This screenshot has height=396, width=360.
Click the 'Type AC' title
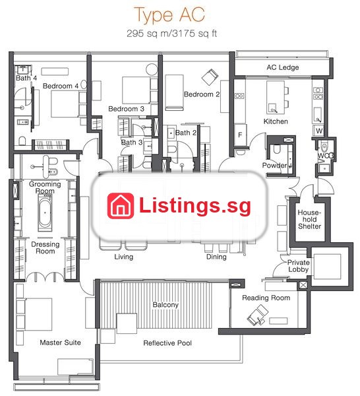click(x=169, y=15)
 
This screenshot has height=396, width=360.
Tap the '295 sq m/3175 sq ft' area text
click(x=171, y=34)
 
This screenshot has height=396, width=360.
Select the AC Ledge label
click(x=283, y=67)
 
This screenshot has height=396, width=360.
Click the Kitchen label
click(x=276, y=121)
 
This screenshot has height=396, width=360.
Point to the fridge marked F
click(x=240, y=135)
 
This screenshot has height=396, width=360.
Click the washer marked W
click(x=319, y=131)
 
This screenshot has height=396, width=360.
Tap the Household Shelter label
click(x=309, y=219)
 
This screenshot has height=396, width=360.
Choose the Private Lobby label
click(x=299, y=266)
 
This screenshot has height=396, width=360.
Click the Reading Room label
click(x=266, y=298)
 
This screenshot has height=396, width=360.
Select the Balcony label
click(x=165, y=304)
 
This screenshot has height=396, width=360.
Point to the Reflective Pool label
click(x=167, y=343)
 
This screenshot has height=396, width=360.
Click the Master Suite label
click(x=60, y=343)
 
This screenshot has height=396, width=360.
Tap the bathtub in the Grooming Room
click(x=45, y=213)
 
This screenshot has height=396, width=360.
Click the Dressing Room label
click(x=45, y=247)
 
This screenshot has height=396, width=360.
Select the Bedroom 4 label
click(x=61, y=86)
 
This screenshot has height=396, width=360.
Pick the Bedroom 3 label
click(x=126, y=109)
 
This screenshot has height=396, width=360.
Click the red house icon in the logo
click(x=121, y=206)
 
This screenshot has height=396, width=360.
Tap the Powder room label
click(x=274, y=166)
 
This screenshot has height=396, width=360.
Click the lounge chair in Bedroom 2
click(x=210, y=77)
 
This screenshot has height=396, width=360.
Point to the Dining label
click(x=216, y=257)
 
